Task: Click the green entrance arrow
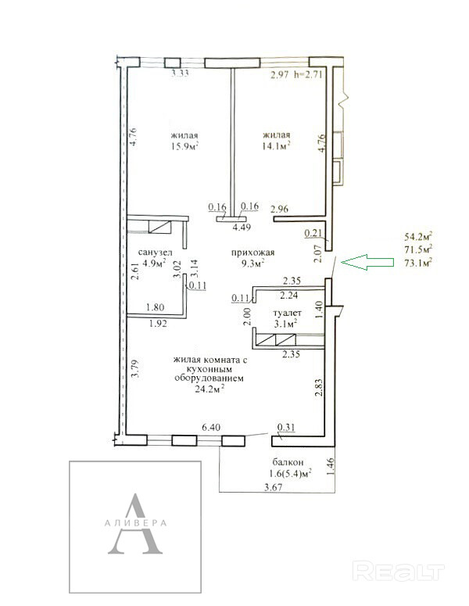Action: pyautogui.click(x=367, y=262)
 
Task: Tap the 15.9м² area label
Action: pyautogui.click(x=185, y=146)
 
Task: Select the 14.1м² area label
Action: pyautogui.click(x=276, y=145)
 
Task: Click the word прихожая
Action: pyautogui.click(x=253, y=253)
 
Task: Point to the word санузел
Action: pyautogui.click(x=156, y=253)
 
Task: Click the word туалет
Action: pyautogui.click(x=287, y=313)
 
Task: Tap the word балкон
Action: pyautogui.click(x=288, y=462)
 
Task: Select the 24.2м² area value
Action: pyautogui.click(x=209, y=389)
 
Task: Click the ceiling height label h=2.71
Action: pyautogui.click(x=308, y=74)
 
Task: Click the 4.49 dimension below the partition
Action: pyautogui.click(x=242, y=228)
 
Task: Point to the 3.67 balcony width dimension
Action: pyautogui.click(x=273, y=487)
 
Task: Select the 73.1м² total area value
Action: pyautogui.click(x=418, y=264)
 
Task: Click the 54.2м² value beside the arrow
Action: pyautogui.click(x=418, y=236)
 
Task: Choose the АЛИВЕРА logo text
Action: pyautogui.click(x=135, y=523)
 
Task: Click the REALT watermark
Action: pyautogui.click(x=399, y=572)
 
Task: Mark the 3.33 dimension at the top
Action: pyautogui.click(x=180, y=73)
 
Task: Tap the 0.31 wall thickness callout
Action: pyautogui.click(x=286, y=428)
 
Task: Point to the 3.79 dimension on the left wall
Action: pyautogui.click(x=135, y=369)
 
